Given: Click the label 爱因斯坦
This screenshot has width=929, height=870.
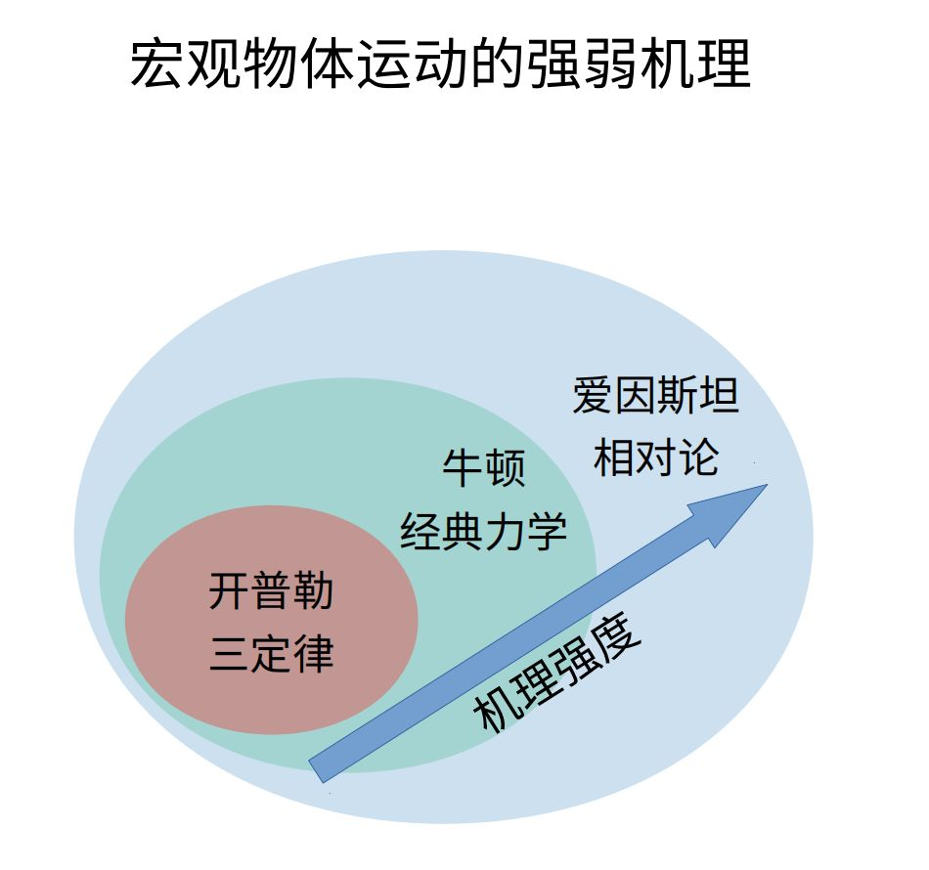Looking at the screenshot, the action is click(655, 397).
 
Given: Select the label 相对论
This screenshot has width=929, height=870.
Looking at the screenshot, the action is click(655, 457).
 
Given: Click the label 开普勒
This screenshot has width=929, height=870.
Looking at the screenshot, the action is click(271, 591).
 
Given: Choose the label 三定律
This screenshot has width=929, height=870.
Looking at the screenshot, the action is click(271, 652).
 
